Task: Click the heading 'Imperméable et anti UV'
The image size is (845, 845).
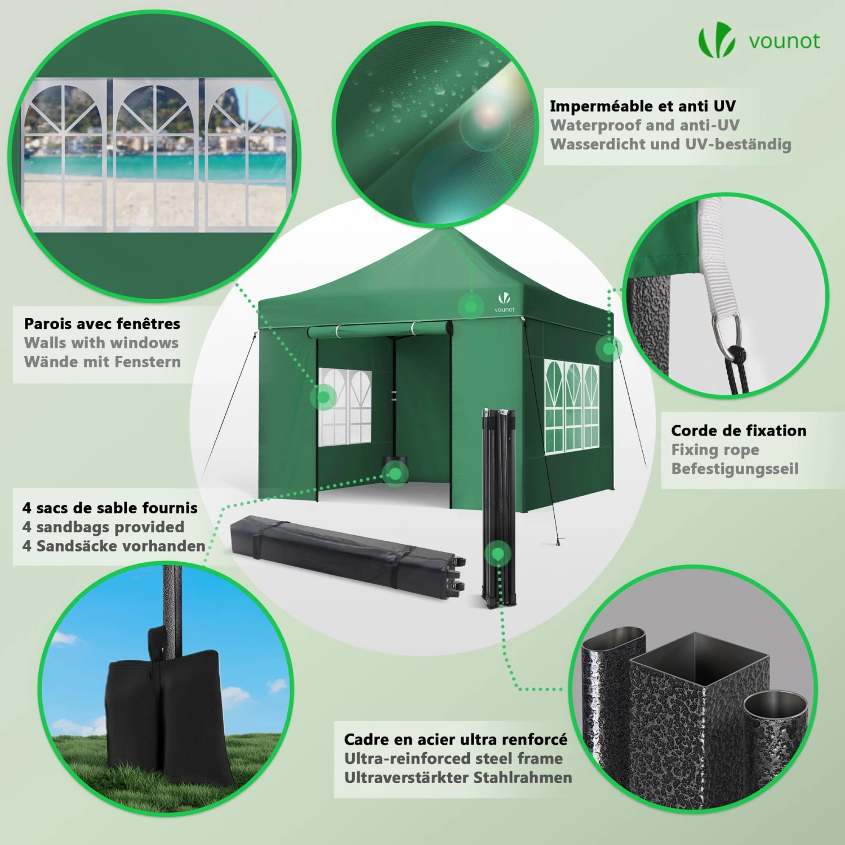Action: [x=643, y=106]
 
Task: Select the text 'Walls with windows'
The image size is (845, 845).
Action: [x=101, y=343]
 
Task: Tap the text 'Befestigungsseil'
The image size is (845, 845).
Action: [x=735, y=469]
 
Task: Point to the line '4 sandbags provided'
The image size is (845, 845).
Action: [x=103, y=527]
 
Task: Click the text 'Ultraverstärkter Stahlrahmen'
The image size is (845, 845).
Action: [x=458, y=777]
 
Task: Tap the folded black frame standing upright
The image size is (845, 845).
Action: [x=499, y=507]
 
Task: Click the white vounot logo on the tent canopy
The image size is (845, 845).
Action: [x=504, y=301]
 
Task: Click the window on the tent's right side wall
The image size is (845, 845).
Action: [x=572, y=407]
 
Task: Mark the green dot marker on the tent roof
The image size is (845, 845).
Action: [x=471, y=306]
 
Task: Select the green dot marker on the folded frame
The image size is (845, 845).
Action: [x=497, y=554]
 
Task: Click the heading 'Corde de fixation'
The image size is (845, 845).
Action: [x=739, y=430]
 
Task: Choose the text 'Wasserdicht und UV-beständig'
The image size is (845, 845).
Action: [x=671, y=144]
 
